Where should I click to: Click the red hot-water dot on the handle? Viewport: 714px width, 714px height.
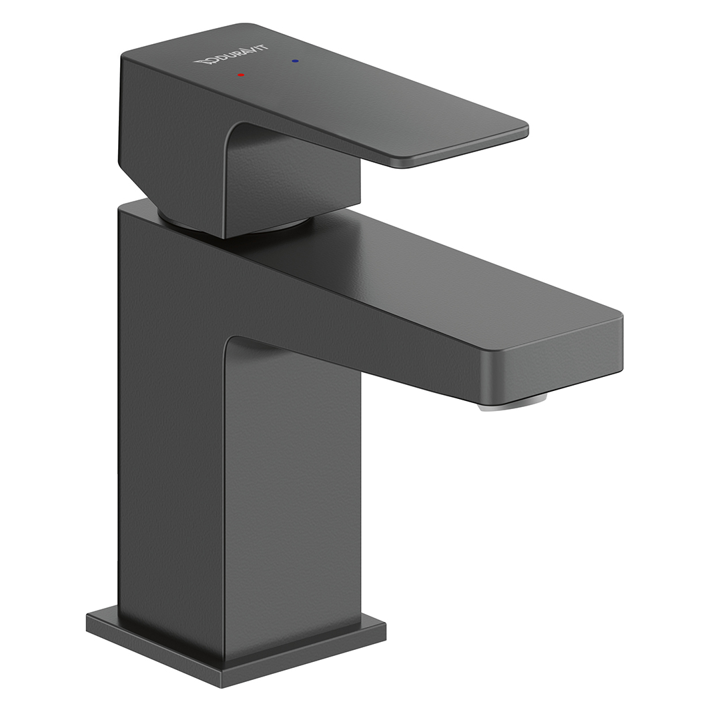[x=241, y=75]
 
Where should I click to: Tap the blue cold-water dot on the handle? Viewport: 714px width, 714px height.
[x=295, y=61]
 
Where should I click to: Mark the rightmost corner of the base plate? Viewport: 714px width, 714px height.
[x=384, y=626]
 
